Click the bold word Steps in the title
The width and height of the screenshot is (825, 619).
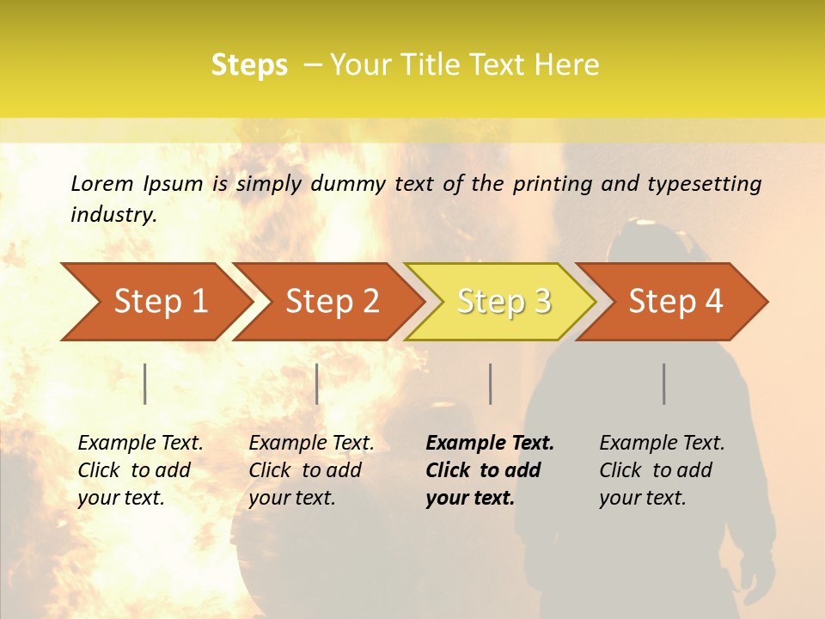tap(249, 65)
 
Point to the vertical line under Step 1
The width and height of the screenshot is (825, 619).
tap(145, 383)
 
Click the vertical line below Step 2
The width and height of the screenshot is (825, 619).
tap(317, 383)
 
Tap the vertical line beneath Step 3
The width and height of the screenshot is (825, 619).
tap(490, 383)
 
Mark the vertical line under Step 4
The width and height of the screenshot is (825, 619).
tap(664, 383)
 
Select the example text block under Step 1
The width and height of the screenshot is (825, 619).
tap(140, 470)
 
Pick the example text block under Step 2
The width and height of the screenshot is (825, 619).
tap(311, 470)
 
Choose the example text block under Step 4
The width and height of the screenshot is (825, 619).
tap(662, 470)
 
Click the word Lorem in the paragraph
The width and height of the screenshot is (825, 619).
tap(101, 183)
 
